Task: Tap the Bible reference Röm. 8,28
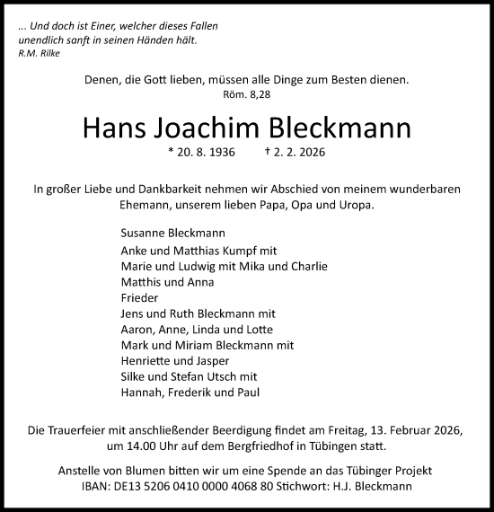point(246,94)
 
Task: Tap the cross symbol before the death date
point(269,153)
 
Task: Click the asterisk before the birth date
point(171,153)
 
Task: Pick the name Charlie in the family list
point(307,267)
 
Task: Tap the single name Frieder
point(138,298)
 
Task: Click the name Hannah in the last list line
point(143,393)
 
